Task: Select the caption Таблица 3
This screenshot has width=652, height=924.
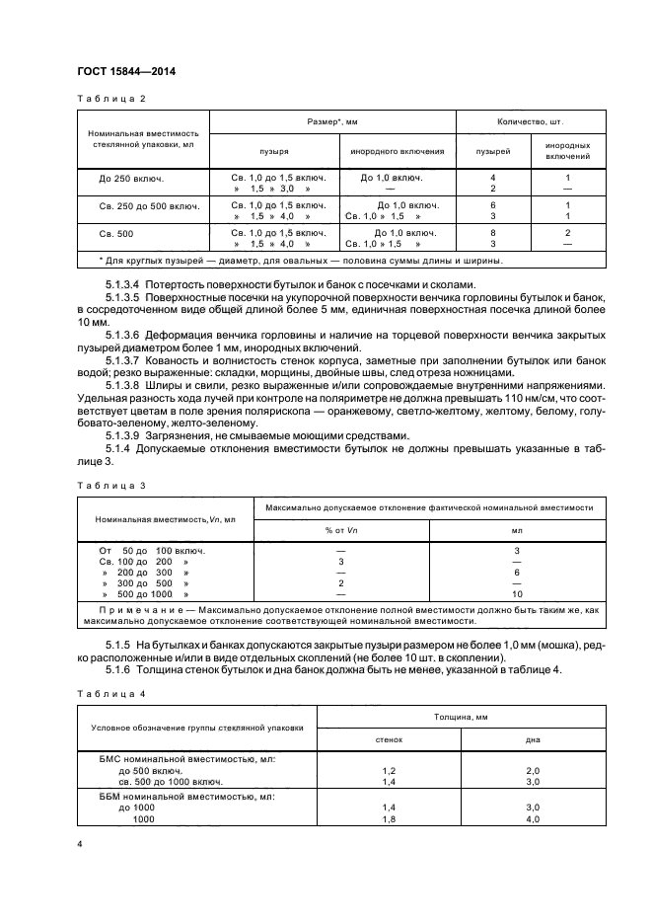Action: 111,485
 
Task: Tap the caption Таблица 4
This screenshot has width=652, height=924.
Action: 111,695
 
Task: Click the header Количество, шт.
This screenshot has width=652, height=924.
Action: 532,121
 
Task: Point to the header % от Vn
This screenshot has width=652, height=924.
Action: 339,530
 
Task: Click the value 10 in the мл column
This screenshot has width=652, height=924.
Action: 516,595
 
